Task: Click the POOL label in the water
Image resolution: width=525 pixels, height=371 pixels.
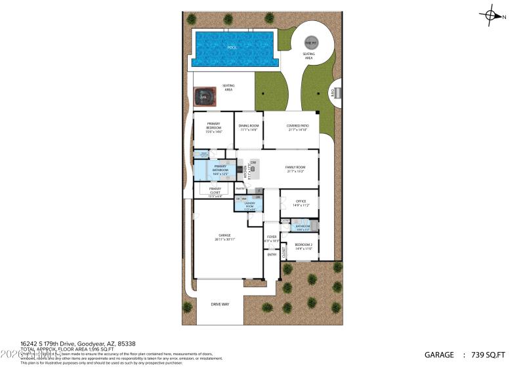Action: click(x=231, y=48)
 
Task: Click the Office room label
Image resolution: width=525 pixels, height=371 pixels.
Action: click(x=301, y=201)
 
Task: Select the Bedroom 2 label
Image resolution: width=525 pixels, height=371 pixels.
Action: click(x=303, y=245)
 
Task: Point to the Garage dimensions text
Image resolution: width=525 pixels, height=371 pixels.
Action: click(x=225, y=239)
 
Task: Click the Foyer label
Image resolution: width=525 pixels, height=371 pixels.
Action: click(x=272, y=237)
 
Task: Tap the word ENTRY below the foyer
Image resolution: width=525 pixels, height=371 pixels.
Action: click(x=272, y=254)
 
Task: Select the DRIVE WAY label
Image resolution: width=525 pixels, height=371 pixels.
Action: click(x=220, y=304)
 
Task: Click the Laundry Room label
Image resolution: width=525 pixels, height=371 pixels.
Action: click(x=249, y=203)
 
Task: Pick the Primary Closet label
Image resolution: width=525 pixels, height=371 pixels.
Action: click(x=215, y=191)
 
